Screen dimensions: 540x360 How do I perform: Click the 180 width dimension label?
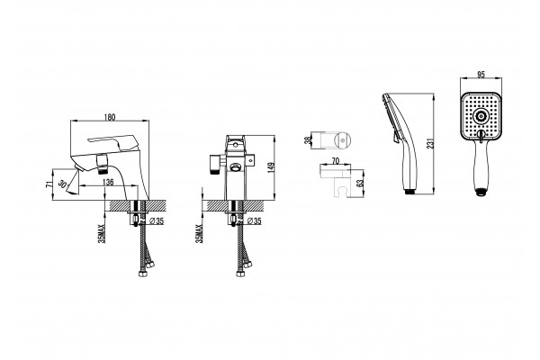click(110, 117)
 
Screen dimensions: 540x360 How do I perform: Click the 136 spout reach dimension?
click(108, 182)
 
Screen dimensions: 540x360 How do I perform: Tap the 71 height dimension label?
click(49, 184)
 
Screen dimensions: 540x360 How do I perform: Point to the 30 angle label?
click(62, 184)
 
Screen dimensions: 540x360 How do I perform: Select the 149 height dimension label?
click(271, 167)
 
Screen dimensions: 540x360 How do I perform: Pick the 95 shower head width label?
click(481, 75)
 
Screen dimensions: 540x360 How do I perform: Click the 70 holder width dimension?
click(336, 161)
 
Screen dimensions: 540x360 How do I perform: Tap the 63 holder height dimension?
click(361, 183)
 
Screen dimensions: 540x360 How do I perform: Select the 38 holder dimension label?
click(308, 139)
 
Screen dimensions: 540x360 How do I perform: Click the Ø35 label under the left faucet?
click(157, 221)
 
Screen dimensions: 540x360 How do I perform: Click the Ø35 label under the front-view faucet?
click(255, 221)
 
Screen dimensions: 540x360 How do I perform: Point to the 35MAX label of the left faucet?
click(102, 234)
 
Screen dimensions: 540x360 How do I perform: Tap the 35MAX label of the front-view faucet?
click(199, 234)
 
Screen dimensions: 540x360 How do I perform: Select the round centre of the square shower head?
click(480, 116)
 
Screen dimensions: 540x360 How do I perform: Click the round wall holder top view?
click(343, 140)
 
